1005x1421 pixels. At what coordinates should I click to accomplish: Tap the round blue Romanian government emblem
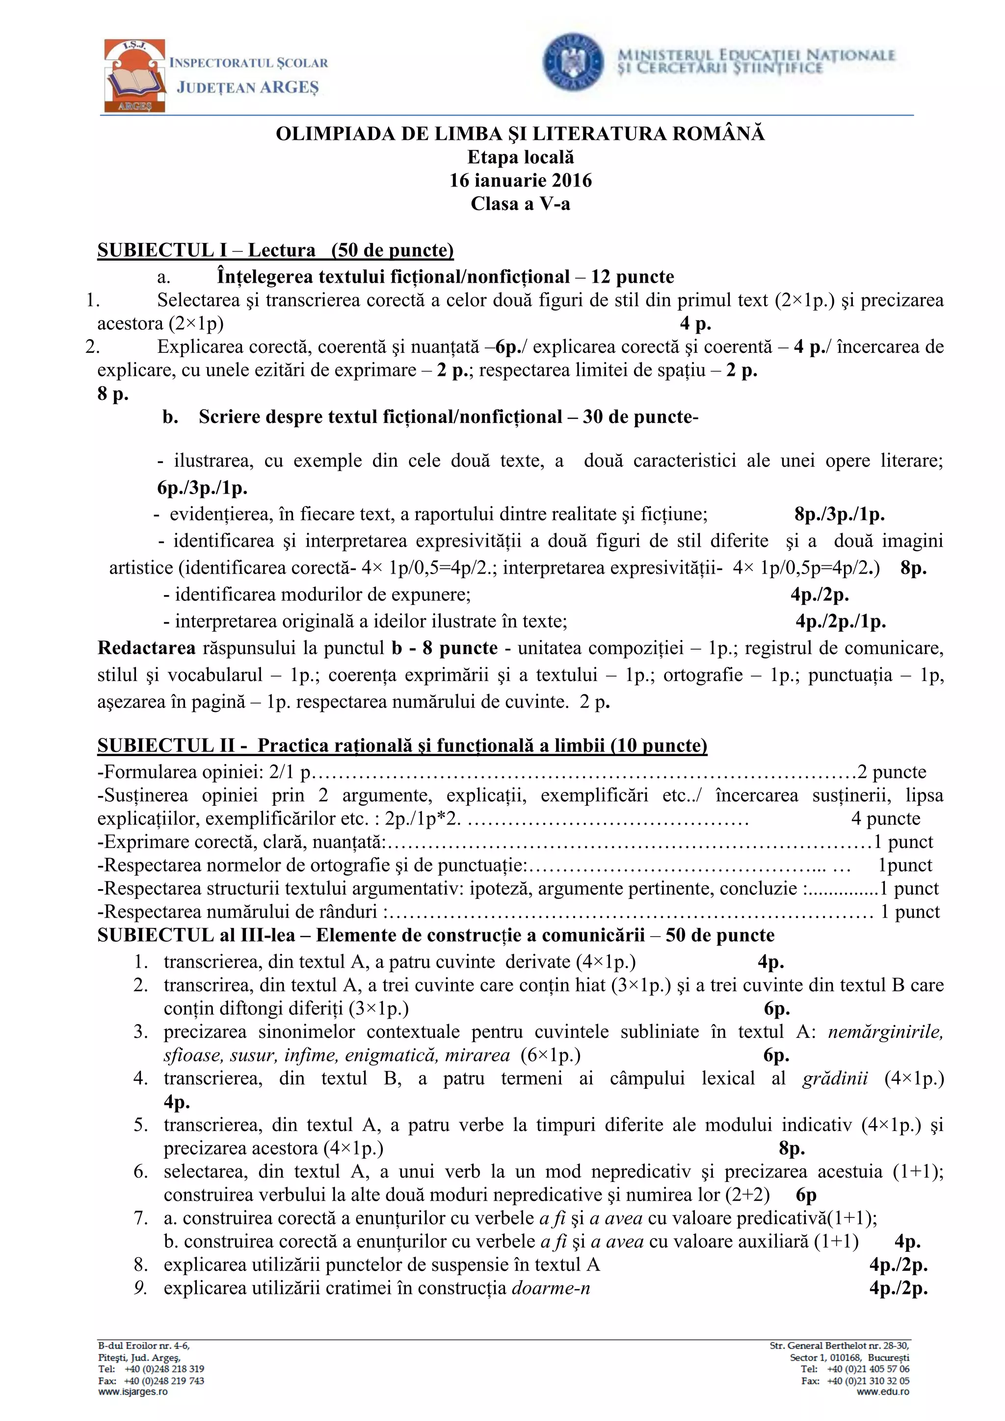[x=573, y=62]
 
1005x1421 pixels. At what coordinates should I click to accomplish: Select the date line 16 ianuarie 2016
[x=521, y=181]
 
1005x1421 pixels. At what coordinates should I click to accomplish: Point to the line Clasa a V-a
[x=521, y=204]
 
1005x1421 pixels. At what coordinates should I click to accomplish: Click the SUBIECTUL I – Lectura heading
[x=275, y=250]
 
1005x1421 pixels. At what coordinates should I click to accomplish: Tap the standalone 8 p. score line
[x=113, y=394]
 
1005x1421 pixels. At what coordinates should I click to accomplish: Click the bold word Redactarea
[x=147, y=648]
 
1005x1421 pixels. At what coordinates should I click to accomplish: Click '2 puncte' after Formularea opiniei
[x=891, y=772]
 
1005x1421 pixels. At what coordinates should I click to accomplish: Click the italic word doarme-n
[x=551, y=1288]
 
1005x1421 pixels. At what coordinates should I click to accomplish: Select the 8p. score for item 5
[x=792, y=1148]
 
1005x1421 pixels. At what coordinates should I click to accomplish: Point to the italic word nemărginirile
[x=885, y=1032]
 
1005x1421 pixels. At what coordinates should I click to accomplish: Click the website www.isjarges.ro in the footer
[x=133, y=1392]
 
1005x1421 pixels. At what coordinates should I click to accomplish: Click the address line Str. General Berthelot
[x=839, y=1345]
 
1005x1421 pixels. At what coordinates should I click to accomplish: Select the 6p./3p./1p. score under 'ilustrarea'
[x=202, y=488]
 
